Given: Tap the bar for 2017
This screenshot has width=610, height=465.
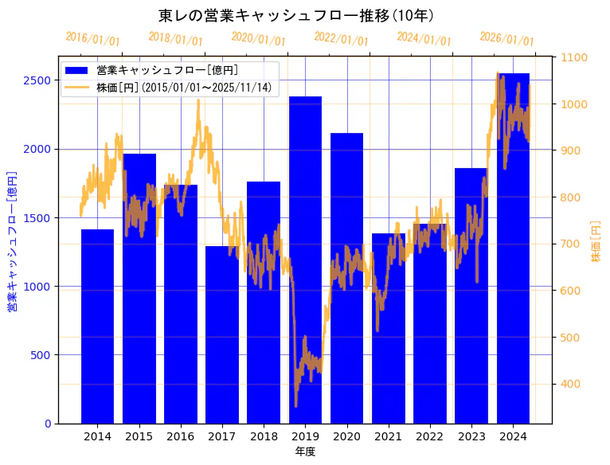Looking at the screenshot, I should tap(222, 334).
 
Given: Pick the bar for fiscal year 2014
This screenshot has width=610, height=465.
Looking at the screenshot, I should tap(97, 326).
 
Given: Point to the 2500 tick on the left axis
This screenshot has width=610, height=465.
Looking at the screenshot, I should tap(37, 80).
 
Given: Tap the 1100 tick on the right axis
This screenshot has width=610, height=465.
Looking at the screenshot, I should tap(574, 57).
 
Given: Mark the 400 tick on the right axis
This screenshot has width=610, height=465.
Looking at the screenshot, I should tap(571, 384).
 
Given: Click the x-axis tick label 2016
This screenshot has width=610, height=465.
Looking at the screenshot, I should tap(181, 436).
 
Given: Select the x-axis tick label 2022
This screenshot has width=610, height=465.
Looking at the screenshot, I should tap(430, 436).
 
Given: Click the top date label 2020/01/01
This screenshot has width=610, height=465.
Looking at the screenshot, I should tap(258, 39).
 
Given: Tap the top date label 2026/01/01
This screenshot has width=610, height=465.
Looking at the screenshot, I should tap(506, 39).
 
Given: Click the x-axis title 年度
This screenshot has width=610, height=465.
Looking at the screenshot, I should tap(305, 451).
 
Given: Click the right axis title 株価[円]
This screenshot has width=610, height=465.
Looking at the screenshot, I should tap(596, 240).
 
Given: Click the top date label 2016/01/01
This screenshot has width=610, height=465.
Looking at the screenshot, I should tap(92, 39).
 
